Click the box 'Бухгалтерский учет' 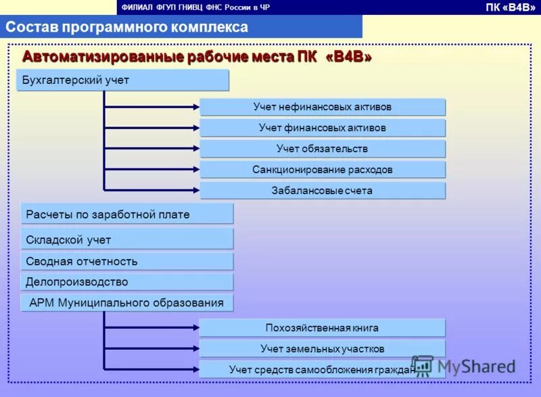pos(122,80)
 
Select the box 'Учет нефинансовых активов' pos(323,107)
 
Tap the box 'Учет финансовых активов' pos(323,128)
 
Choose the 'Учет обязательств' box pos(323,149)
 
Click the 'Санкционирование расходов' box pos(323,170)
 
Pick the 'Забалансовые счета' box pos(323,191)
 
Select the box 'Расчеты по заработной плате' pos(126,214)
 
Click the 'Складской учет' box pos(126,239)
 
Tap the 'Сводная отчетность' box pos(126,261)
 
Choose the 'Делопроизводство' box pos(126,282)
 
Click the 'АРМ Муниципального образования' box pos(126,303)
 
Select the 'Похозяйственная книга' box pos(322,328)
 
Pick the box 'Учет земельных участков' pos(322,349)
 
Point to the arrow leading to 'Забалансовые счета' pos(152,189)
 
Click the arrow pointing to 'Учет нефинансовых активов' pos(152,106)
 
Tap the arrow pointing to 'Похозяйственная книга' pos(152,328)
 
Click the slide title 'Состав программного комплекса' pos(127,27)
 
